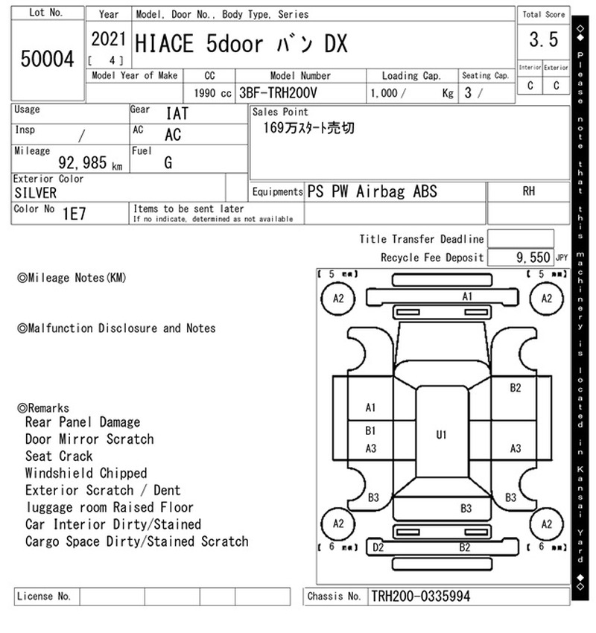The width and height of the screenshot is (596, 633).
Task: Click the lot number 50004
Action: click(47, 59)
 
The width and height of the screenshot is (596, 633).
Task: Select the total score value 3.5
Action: click(544, 39)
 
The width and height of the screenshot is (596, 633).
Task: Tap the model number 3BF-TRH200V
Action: click(278, 93)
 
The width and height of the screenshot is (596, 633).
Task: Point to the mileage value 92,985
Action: click(83, 162)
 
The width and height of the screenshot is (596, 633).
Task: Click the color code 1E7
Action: click(74, 214)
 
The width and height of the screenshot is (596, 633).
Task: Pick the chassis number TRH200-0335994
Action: click(420, 597)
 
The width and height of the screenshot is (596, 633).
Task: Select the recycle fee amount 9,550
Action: click(533, 258)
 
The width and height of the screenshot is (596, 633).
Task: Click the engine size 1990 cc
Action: click(212, 93)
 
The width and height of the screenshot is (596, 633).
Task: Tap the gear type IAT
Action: click(177, 113)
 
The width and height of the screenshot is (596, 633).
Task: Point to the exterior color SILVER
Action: click(36, 193)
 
